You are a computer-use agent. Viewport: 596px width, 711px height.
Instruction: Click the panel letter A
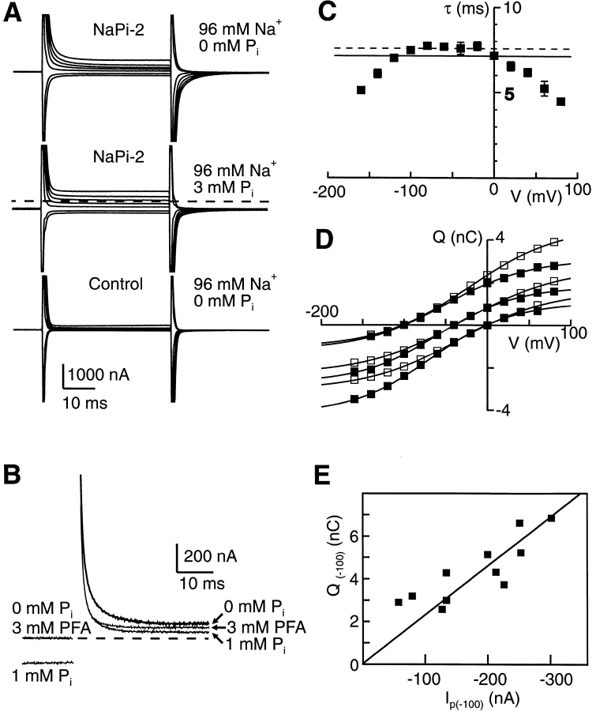click(13, 16)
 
